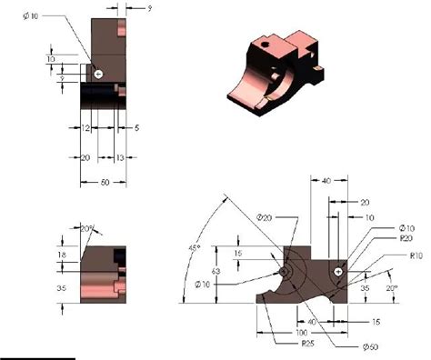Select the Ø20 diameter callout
pyautogui.click(x=265, y=217)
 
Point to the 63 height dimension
pyautogui.click(x=215, y=271)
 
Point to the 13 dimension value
pyautogui.click(x=121, y=158)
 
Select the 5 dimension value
pyautogui.click(x=136, y=129)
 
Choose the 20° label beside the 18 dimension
pyautogui.click(x=88, y=228)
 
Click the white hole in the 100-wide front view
pyautogui.click(x=339, y=271)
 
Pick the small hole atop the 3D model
pyautogui.click(x=265, y=41)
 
